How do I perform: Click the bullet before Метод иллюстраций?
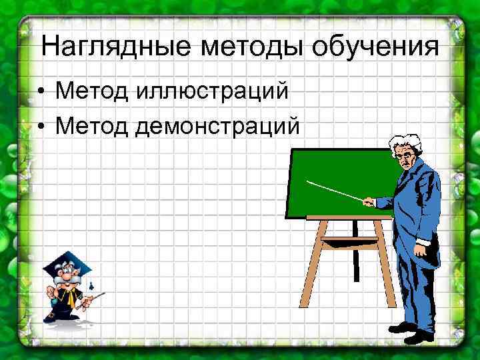41,91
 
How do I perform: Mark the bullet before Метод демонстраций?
41,126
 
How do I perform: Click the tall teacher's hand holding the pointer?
367,200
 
